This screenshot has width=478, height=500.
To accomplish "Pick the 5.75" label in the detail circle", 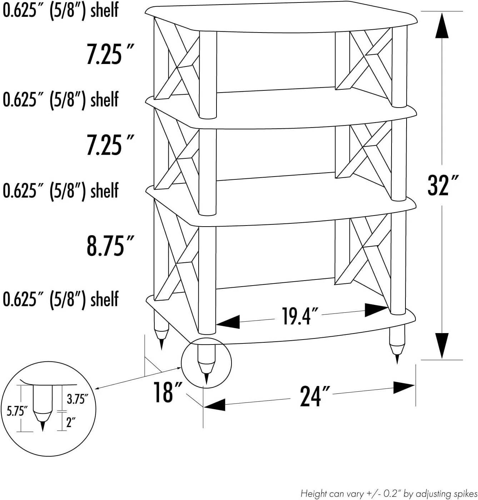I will tap(17, 411).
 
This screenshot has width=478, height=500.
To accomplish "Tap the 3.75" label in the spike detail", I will tap(77, 398).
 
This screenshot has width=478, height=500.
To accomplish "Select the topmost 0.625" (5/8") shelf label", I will tap(60, 10).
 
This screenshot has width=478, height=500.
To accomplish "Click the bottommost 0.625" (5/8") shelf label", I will tap(60, 299).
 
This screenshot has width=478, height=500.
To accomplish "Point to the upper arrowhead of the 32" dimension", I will tap(442, 26).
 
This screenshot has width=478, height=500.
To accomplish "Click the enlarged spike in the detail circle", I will tap(43, 409).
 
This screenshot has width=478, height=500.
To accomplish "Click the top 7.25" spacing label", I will tap(110, 54).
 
